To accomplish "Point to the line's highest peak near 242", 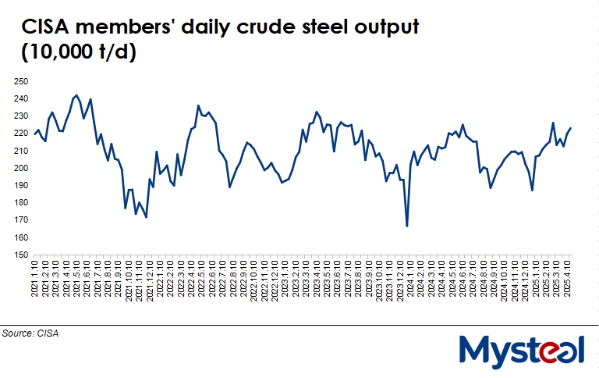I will coord(76,95).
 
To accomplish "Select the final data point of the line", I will coord(571,128).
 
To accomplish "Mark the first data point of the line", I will coord(35,134).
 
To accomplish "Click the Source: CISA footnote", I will coord(30,333).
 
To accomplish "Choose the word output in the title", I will coord(384,28).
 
